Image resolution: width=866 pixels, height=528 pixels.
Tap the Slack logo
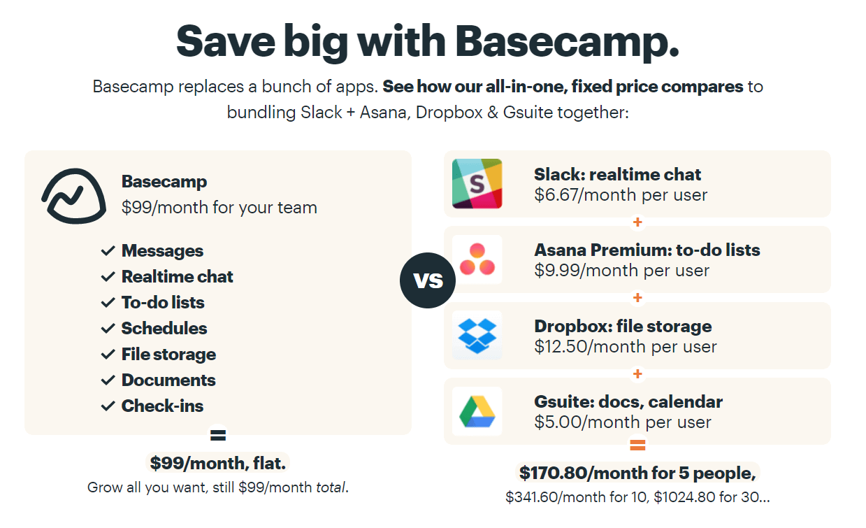pyautogui.click(x=477, y=184)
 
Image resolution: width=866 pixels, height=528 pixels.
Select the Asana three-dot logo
pyautogui.click(x=477, y=259)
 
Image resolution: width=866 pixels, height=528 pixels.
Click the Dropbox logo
pyautogui.click(x=477, y=336)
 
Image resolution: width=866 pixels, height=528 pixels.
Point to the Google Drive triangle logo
pyautogui.click(x=477, y=412)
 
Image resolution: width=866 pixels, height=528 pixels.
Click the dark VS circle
pyautogui.click(x=428, y=280)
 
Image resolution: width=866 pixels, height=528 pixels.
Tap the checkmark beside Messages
pyautogui.click(x=108, y=250)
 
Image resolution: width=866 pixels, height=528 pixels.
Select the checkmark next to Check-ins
pyautogui.click(x=108, y=406)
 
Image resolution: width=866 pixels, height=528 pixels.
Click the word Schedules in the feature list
pyautogui.click(x=164, y=329)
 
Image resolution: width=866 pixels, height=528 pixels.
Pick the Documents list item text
pyautogui.click(x=168, y=380)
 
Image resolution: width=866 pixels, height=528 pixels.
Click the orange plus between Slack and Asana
pyautogui.click(x=637, y=222)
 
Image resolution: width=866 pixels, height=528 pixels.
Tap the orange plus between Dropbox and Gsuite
pyautogui.click(x=637, y=373)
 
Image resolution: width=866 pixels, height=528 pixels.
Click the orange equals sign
pyautogui.click(x=637, y=445)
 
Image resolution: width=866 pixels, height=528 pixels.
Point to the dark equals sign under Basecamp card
pyautogui.click(x=218, y=435)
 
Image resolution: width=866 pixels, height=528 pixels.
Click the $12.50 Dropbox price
pyautogui.click(x=561, y=347)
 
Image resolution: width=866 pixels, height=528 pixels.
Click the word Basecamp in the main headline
pyautogui.click(x=567, y=41)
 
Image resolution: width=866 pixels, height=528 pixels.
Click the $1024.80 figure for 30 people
pyautogui.click(x=684, y=497)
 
